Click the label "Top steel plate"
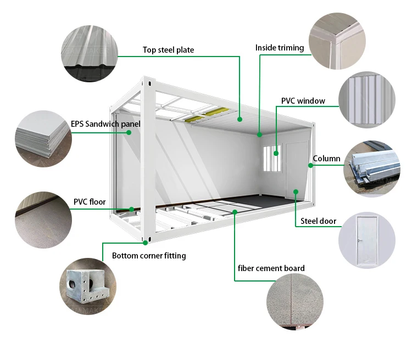pyautogui.click(x=168, y=50)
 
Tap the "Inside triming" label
pyautogui.click(x=279, y=48)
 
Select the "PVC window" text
pyautogui.click(x=303, y=101)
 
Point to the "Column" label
pyautogui.click(x=326, y=159)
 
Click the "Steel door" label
pyautogui.click(x=318, y=222)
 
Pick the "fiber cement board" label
pyautogui.click(x=271, y=268)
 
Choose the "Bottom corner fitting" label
pyautogui.click(x=149, y=256)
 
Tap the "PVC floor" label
pyautogui.click(x=90, y=202)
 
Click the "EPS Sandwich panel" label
pyautogui.click(x=105, y=124)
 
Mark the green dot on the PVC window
pyautogui.click(x=276, y=154)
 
